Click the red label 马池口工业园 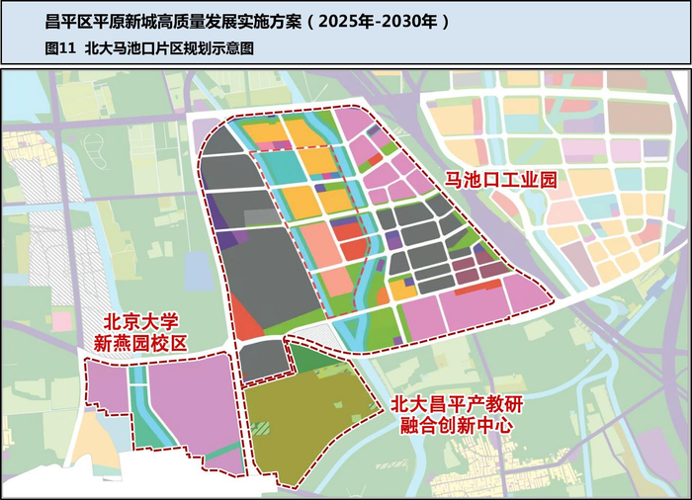click(x=501, y=182)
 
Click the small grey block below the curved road click(x=264, y=361)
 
